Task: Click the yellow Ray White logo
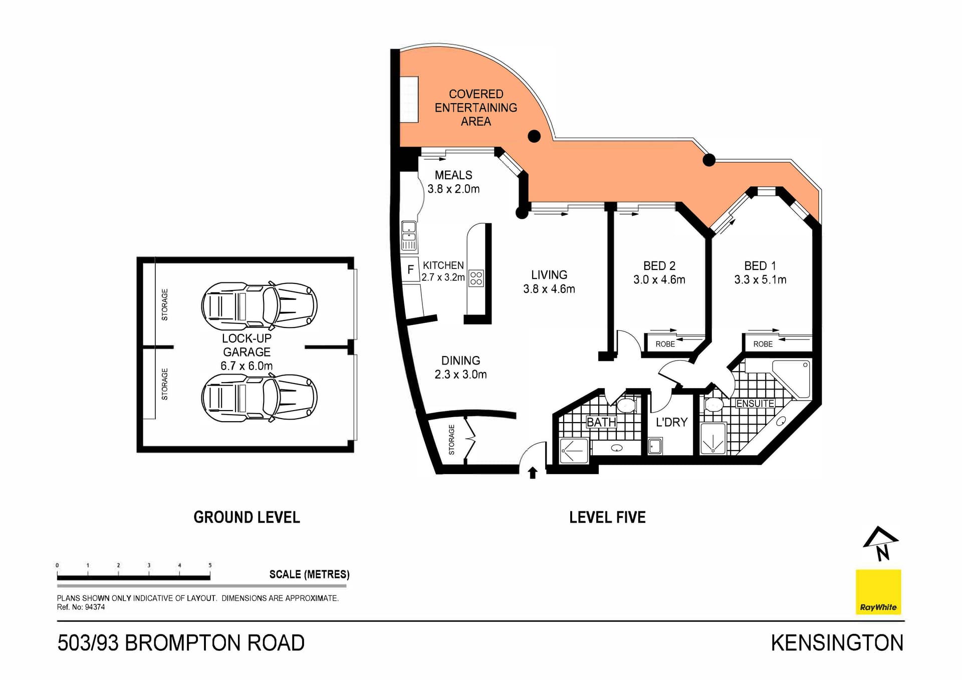pos(878,592)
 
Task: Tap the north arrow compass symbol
pos(880,544)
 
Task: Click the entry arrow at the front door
pos(533,473)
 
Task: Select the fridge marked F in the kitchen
pos(410,270)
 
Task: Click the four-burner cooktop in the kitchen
pos(476,278)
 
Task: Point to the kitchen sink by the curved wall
pos(409,235)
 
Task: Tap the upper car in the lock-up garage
pos(259,305)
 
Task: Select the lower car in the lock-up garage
pos(259,398)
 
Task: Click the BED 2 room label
pos(659,266)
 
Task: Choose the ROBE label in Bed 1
pos(763,344)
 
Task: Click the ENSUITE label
pos(755,403)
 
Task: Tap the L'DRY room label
pos(671,422)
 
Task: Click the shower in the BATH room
pos(574,451)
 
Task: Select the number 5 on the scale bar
pos(210,565)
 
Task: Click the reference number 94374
pos(95,607)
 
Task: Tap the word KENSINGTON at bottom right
pos(837,643)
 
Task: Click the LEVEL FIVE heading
pos(607,517)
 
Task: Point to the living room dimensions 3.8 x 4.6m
pos(549,289)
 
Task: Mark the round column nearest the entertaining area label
pos(534,136)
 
